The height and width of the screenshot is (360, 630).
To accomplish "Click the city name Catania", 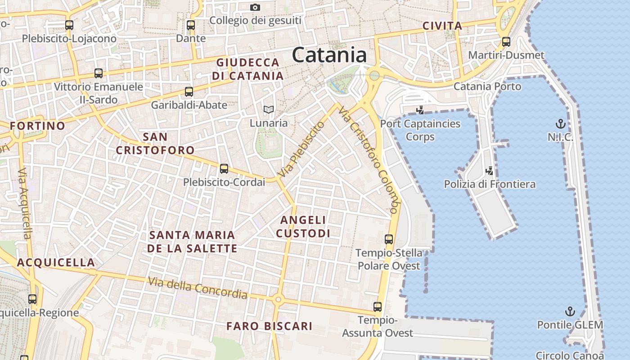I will (329, 55).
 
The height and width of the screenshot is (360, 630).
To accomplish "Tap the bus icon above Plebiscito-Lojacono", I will (69, 25).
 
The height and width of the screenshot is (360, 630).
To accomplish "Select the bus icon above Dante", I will (191, 25).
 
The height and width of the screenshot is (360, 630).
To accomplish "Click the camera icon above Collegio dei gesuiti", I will (255, 7).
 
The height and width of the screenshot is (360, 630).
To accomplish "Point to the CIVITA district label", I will (442, 26).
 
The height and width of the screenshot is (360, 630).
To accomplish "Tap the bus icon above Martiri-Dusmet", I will (506, 42).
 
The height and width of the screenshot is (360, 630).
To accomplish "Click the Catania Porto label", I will (487, 86).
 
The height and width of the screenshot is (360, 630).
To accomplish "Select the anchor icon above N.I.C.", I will (560, 123).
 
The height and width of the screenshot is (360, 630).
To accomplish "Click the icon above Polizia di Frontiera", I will (490, 171).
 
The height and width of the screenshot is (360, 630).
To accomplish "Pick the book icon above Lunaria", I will (269, 109).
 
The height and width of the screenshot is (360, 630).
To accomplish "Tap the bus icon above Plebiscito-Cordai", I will (224, 169).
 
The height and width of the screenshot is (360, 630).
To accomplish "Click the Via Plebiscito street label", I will (301, 149).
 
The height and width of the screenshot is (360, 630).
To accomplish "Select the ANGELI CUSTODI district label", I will (303, 226).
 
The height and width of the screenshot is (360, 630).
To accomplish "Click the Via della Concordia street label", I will (198, 288).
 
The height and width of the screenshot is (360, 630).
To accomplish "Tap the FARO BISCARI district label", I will (269, 326).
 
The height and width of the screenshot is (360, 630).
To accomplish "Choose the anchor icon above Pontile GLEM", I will (570, 311).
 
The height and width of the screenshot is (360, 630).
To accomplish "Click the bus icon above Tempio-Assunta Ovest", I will (378, 307).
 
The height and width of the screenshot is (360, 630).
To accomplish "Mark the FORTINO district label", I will (37, 126).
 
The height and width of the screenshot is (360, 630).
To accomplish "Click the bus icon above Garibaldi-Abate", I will (189, 92).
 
